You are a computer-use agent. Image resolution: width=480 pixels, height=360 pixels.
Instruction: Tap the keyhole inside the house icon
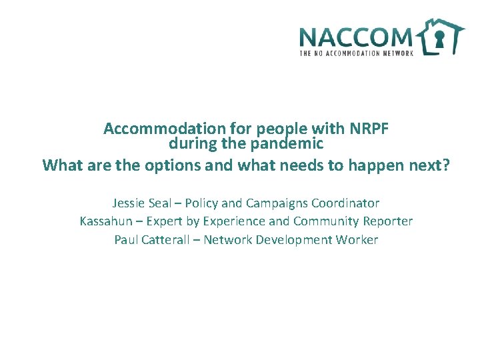(x=439, y=39)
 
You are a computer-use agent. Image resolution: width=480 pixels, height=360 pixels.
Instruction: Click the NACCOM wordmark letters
(x=357, y=37)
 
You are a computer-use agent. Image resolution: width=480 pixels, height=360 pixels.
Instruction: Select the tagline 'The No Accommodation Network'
(x=357, y=53)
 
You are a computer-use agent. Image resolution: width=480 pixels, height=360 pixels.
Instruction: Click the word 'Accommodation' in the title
(x=155, y=129)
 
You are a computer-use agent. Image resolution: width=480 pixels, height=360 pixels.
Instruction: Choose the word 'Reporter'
(x=388, y=221)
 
